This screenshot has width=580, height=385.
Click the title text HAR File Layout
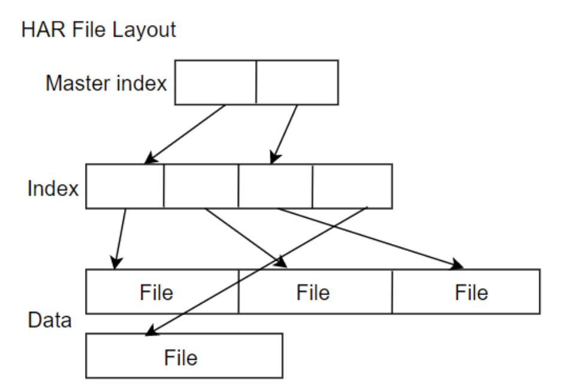pyautogui.click(x=99, y=30)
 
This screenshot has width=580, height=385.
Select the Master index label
pyautogui.click(x=106, y=83)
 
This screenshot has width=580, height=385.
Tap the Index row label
pyautogui.click(x=53, y=189)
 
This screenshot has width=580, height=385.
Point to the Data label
pyautogui.click(x=49, y=320)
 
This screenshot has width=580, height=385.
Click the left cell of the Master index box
pyautogui.click(x=216, y=82)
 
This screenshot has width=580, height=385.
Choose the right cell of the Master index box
pyautogui.click(x=297, y=82)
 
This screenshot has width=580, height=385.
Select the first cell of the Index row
pyautogui.click(x=125, y=186)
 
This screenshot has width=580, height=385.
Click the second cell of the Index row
pyautogui.click(x=201, y=186)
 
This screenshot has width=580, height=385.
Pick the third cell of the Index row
pyautogui.click(x=276, y=186)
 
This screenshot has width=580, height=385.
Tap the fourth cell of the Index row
pyautogui.click(x=352, y=186)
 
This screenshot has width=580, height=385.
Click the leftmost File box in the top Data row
pyautogui.click(x=156, y=292)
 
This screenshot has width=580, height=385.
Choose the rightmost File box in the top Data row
pyautogui.click(x=471, y=292)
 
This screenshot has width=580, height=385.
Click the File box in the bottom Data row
pyautogui.click(x=181, y=357)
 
